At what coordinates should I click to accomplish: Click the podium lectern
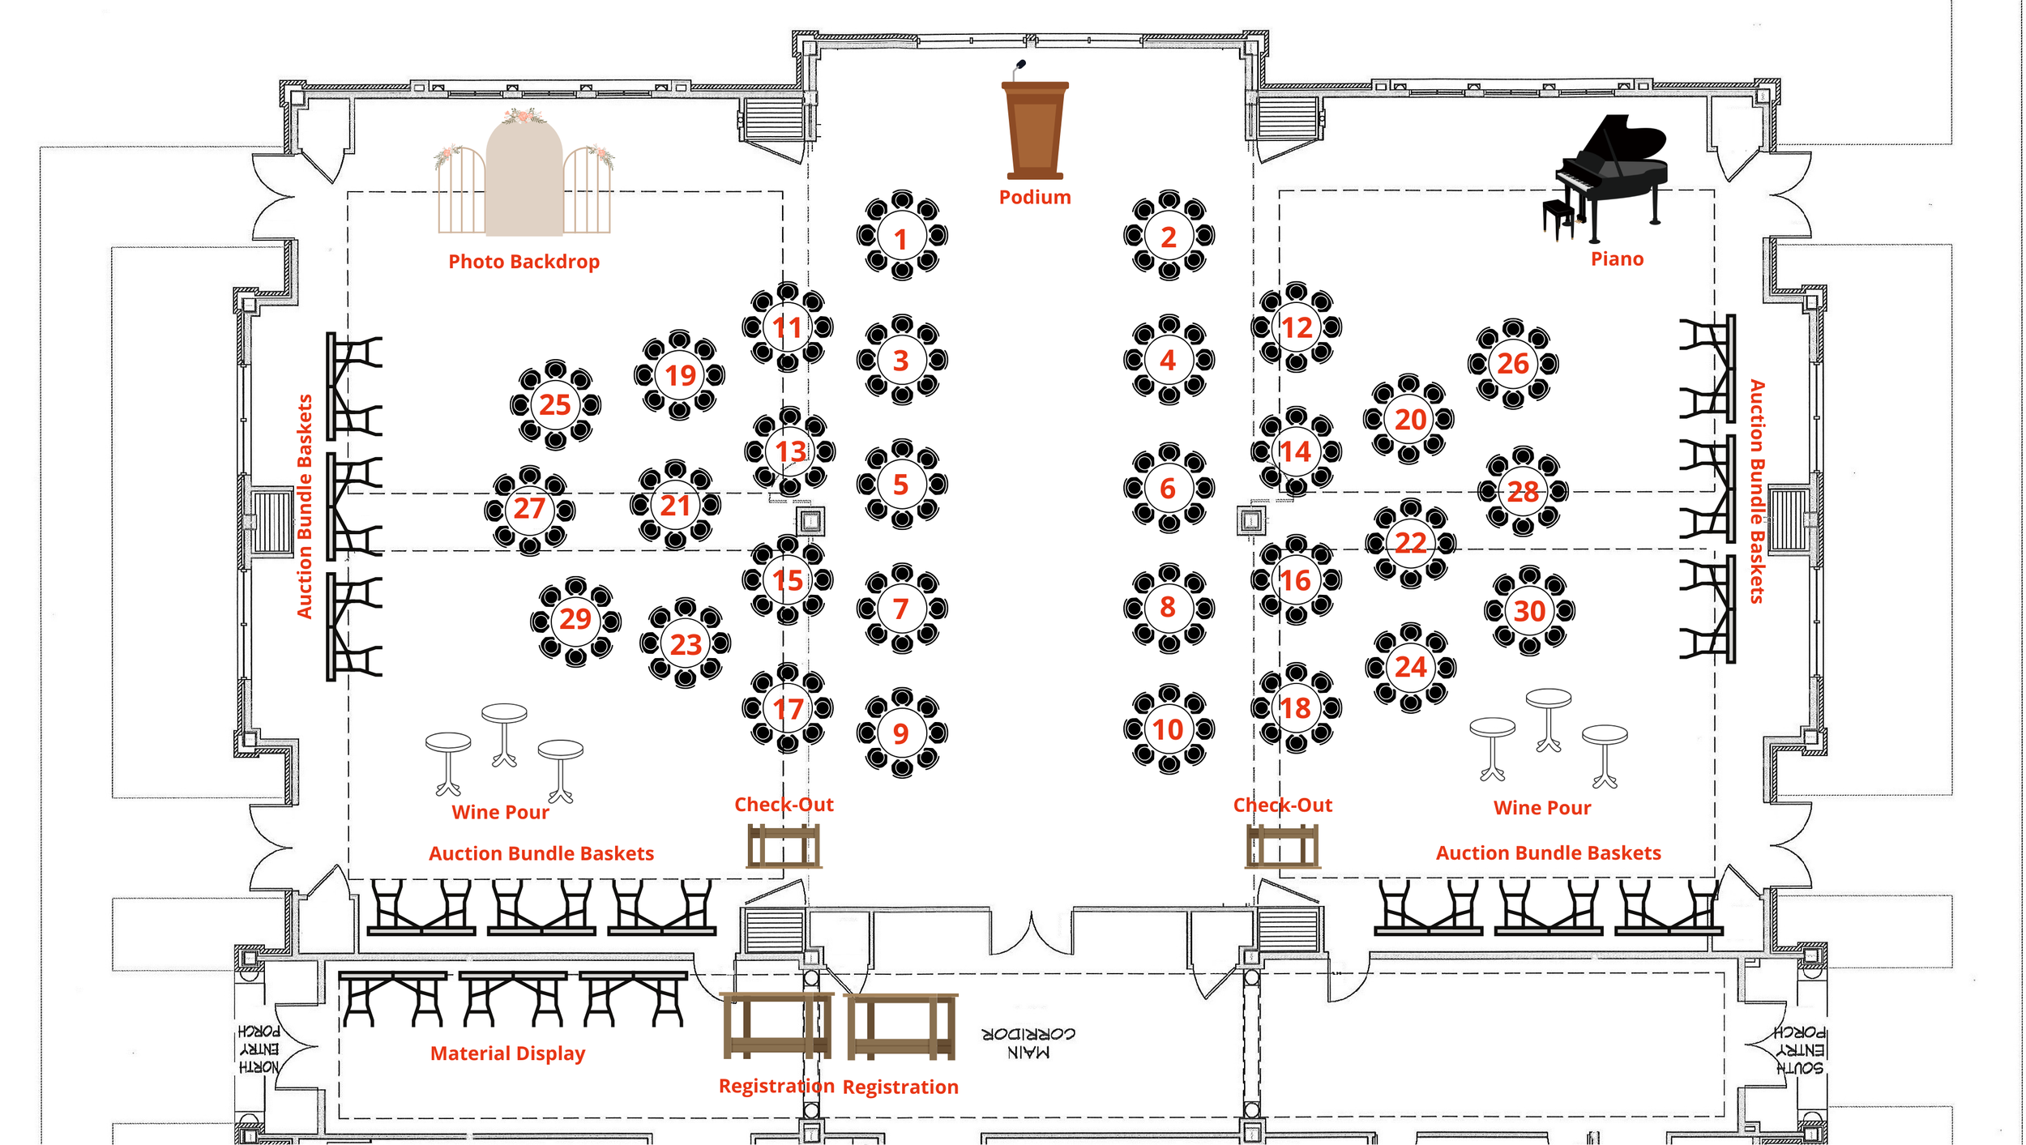click(x=1035, y=130)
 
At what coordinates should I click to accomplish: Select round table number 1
click(x=901, y=237)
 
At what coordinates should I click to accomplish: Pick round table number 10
click(x=1168, y=729)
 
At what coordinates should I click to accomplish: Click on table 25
click(x=555, y=404)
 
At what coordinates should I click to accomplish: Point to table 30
click(x=1529, y=610)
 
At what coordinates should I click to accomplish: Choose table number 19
click(x=679, y=375)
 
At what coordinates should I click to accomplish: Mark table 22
click(x=1410, y=542)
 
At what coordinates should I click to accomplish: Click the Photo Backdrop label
click(x=524, y=262)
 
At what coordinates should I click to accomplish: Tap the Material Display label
click(x=507, y=1053)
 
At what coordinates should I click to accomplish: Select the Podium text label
click(x=1035, y=197)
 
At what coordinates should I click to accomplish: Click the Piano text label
click(x=1617, y=258)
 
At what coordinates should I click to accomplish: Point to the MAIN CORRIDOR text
click(x=1028, y=1043)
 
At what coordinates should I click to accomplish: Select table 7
click(x=901, y=608)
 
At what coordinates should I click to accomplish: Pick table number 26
click(x=1512, y=363)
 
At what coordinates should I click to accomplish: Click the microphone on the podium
click(x=1019, y=66)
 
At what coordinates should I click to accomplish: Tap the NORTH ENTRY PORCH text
click(x=259, y=1049)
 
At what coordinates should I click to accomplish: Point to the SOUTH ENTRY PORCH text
click(x=1800, y=1050)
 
